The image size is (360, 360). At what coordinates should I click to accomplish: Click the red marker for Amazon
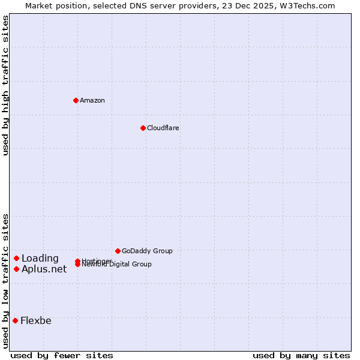coord(76,100)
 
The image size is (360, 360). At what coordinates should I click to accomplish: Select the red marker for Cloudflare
coord(143,128)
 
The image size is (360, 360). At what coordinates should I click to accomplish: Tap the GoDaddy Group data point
coord(118,251)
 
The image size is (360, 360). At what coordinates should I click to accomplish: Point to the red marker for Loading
coord(17,258)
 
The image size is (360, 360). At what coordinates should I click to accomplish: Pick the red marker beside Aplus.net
coord(17,269)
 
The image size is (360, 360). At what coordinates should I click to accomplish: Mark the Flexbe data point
coord(16,320)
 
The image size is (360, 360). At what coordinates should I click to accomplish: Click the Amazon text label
coord(92,100)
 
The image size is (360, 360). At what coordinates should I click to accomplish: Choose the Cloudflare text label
coord(163,128)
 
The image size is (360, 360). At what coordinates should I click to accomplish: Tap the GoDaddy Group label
coord(147,251)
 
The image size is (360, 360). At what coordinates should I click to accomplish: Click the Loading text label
coord(40,259)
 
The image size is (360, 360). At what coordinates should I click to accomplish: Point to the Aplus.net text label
coord(44,269)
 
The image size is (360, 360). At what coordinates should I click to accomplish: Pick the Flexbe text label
coord(36,321)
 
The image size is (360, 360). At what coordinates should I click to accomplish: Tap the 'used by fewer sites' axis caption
coord(62,355)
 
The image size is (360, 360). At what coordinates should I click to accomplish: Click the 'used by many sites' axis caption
coord(301,355)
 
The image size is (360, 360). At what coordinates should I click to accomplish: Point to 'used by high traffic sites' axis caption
coord(5,85)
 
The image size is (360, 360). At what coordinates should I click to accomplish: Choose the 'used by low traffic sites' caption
coord(5,280)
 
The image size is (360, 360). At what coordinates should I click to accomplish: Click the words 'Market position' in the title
coord(53,5)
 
